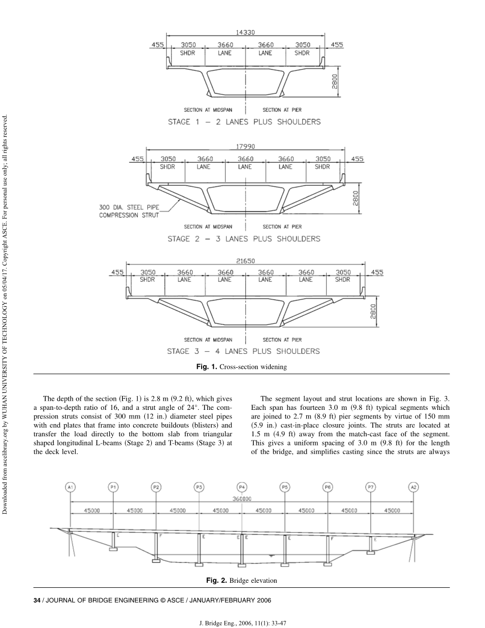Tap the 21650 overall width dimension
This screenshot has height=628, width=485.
coord(245,261)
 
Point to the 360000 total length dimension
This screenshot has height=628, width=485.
coord(242,499)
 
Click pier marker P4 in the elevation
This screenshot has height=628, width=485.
coord(242,487)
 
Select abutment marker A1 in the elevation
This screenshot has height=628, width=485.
coord(71,487)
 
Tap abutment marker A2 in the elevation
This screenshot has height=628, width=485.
coord(414,487)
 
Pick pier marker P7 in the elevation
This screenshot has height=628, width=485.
coord(371,487)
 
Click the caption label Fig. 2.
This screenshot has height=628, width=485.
coord(216,580)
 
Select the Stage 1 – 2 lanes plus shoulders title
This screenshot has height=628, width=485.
coord(244,122)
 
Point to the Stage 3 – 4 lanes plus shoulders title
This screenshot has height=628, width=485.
coord(244,351)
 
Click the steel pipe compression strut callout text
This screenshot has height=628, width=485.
coord(129,211)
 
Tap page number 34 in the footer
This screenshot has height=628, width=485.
coord(37,600)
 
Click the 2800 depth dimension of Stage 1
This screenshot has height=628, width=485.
coord(335,81)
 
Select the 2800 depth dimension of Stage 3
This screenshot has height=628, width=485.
coord(374,311)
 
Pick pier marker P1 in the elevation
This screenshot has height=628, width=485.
coord(113,487)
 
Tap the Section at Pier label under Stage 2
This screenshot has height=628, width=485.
coord(282,227)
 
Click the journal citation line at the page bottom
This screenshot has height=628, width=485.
coord(242,621)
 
